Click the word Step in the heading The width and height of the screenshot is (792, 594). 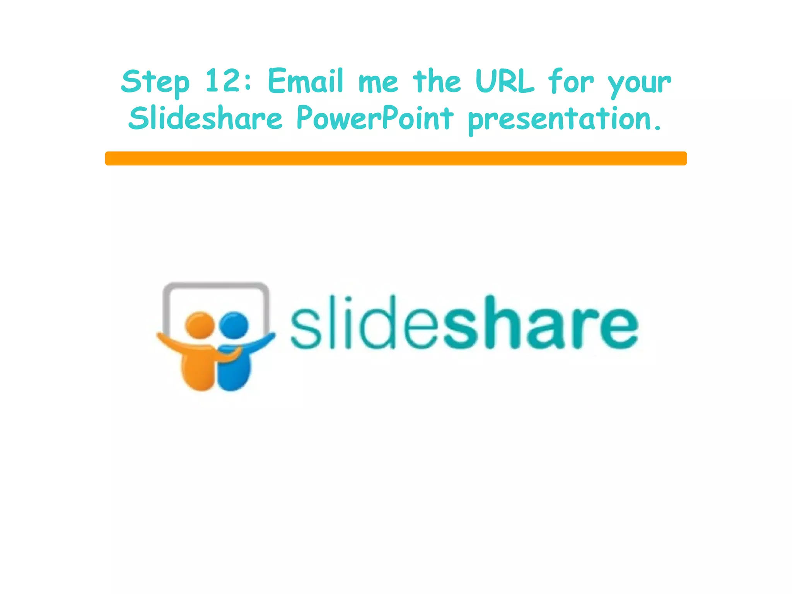coord(155,82)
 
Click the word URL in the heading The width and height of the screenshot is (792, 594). coord(505,81)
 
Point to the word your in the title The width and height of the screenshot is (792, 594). coord(639,83)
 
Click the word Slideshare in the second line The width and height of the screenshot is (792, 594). coord(205,118)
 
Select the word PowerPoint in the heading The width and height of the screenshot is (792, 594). coord(375,118)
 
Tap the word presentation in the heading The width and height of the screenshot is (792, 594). coord(565,119)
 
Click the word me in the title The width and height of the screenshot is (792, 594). coord(378,83)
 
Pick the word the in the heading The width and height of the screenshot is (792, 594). coord(437,81)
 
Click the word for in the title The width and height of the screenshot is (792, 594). coord(570,81)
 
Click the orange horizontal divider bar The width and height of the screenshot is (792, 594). coord(396,158)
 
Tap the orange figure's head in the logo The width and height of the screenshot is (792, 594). coord(200,324)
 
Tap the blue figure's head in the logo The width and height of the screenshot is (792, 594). coord(234,324)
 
